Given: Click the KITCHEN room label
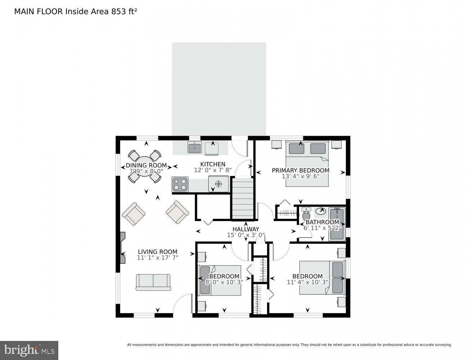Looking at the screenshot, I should (213, 164).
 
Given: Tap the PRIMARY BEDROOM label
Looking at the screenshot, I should (300, 170).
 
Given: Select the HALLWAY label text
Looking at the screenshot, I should (245, 229).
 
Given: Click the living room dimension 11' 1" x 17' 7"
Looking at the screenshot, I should (158, 258).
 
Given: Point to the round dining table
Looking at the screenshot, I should (145, 166).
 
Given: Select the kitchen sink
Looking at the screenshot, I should (195, 147).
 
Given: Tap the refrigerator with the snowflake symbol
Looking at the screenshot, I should (218, 184).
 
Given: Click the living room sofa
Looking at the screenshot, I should (153, 282).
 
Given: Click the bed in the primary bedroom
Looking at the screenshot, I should (307, 164).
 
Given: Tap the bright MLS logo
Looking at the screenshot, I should (29, 350).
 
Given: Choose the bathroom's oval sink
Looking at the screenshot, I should (321, 211).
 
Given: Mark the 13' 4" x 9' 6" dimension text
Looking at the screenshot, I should (300, 176).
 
